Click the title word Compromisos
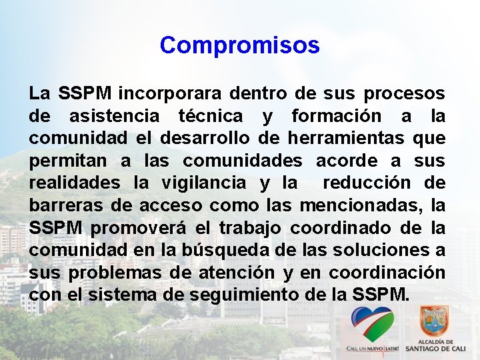(x=240, y=45)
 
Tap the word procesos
(x=409, y=93)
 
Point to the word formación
(x=337, y=116)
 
